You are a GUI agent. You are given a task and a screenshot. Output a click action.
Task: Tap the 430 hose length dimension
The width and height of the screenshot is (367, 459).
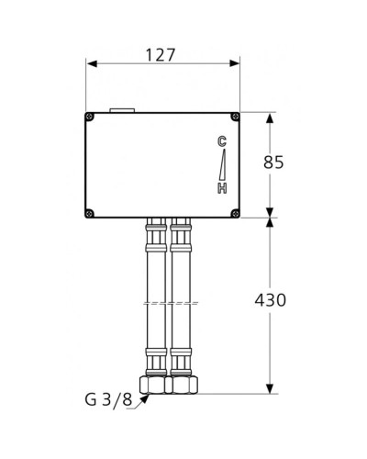point(271,300)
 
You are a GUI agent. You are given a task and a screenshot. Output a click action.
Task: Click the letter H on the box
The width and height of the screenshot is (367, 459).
point(221,188)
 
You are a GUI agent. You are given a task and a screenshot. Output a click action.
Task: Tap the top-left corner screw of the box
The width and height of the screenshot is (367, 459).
point(91,117)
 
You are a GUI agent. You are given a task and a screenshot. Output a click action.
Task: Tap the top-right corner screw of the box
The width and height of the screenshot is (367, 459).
point(235,117)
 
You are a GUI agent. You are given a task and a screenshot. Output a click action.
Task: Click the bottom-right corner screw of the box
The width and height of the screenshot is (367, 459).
point(235,214)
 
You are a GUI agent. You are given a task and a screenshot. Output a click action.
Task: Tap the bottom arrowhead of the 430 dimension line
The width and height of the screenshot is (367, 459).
point(270,388)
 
